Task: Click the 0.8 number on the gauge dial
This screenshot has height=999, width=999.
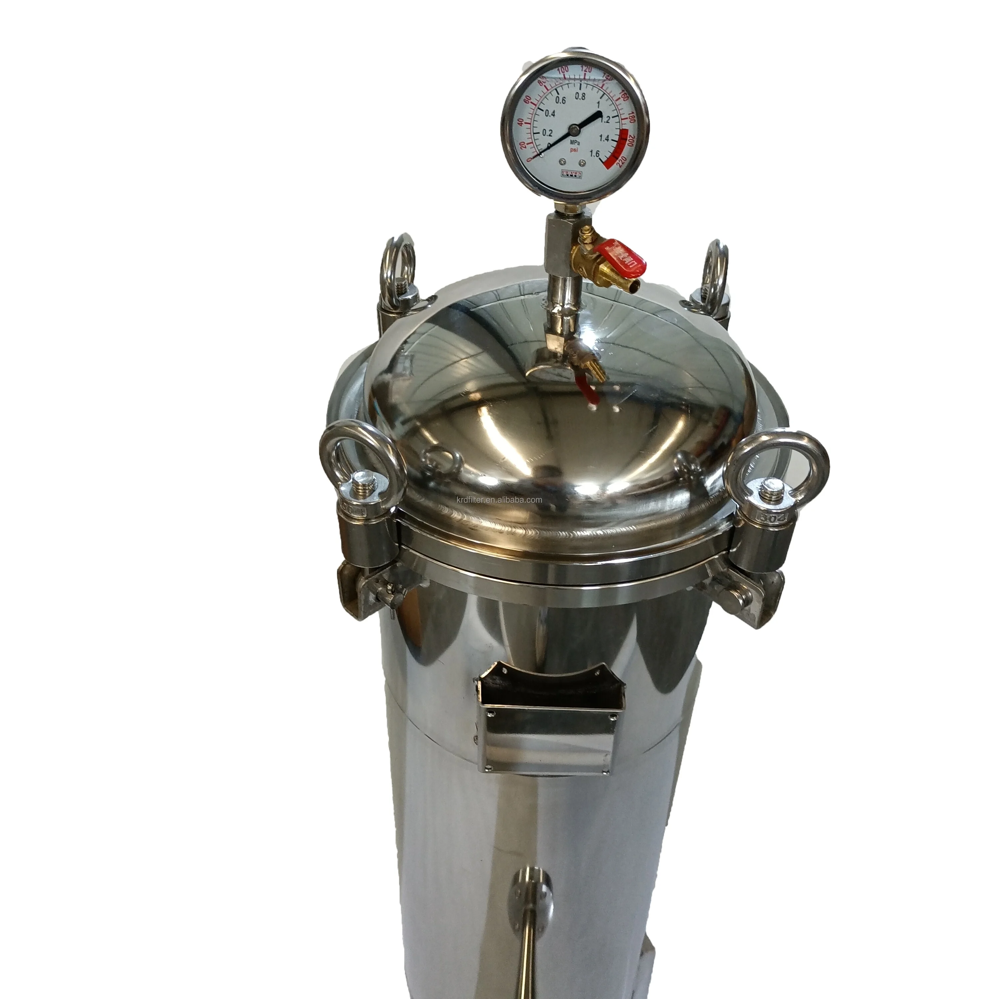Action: tap(580, 96)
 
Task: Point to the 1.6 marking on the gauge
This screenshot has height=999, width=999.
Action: tap(595, 153)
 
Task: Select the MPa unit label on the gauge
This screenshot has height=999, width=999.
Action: tap(574, 141)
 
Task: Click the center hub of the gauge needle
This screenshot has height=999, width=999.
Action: tap(574, 129)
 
